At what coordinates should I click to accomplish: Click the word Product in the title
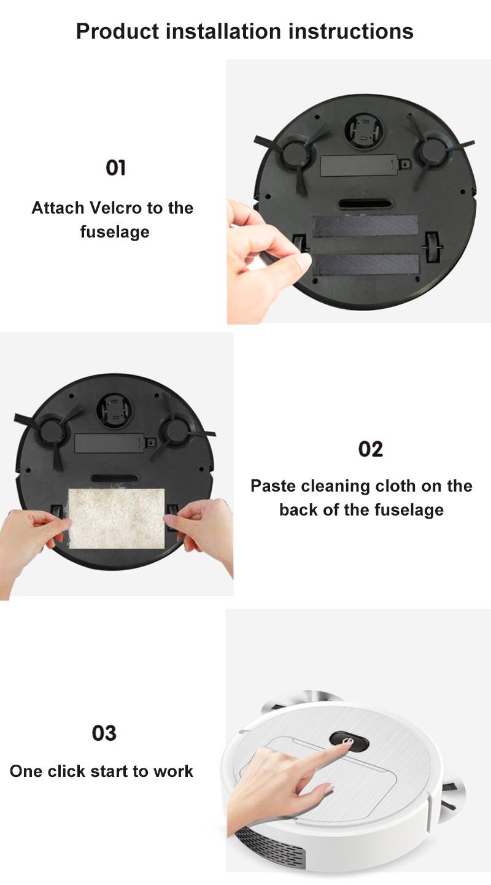pyautogui.click(x=117, y=32)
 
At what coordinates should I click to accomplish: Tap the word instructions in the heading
pyautogui.click(x=351, y=32)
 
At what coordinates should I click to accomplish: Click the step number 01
pyautogui.click(x=115, y=168)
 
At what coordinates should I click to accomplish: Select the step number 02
pyautogui.click(x=370, y=449)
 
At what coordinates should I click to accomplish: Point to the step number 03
pyautogui.click(x=104, y=733)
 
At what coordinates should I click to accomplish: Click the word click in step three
pyautogui.click(x=66, y=771)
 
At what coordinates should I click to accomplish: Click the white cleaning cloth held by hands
pyautogui.click(x=117, y=519)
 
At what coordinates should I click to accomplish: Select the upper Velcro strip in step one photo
pyautogui.click(x=366, y=226)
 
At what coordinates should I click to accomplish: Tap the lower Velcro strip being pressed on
pyautogui.click(x=366, y=265)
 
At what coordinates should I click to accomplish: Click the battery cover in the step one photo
pyautogui.click(x=359, y=166)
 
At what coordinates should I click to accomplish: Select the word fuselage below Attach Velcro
pyautogui.click(x=115, y=232)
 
